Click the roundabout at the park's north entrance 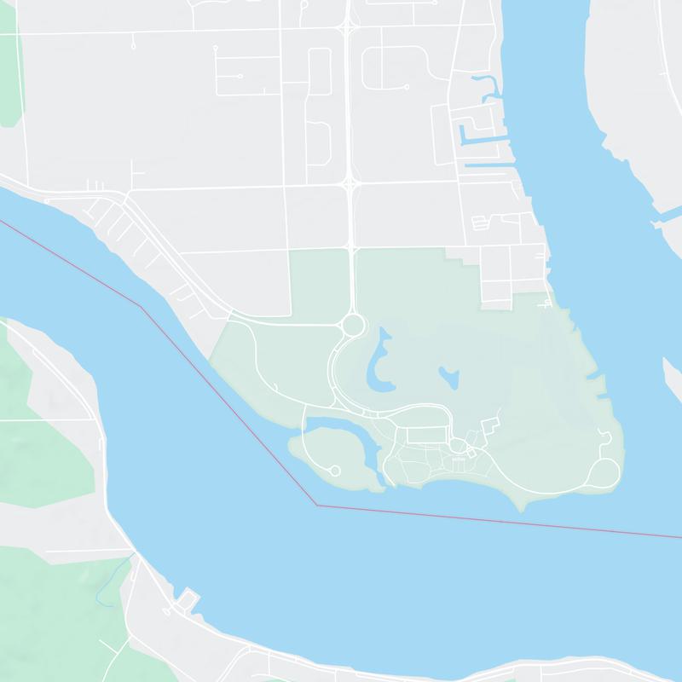tap(352, 325)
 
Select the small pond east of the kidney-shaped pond tap(448, 375)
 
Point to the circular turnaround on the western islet tap(335, 471)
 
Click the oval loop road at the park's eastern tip tap(605, 472)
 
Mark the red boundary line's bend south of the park tap(317, 505)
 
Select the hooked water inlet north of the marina tap(489, 85)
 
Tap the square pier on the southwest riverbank tap(188, 598)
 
